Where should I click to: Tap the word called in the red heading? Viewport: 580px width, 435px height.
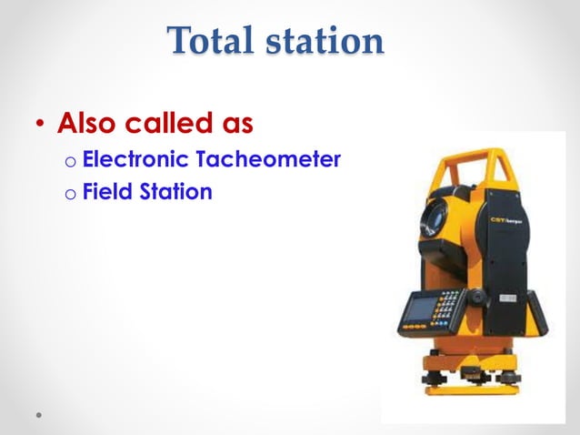coord(174,122)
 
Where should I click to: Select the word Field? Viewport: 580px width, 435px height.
coord(106,193)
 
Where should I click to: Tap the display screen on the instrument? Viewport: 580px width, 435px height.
coord(417,310)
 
